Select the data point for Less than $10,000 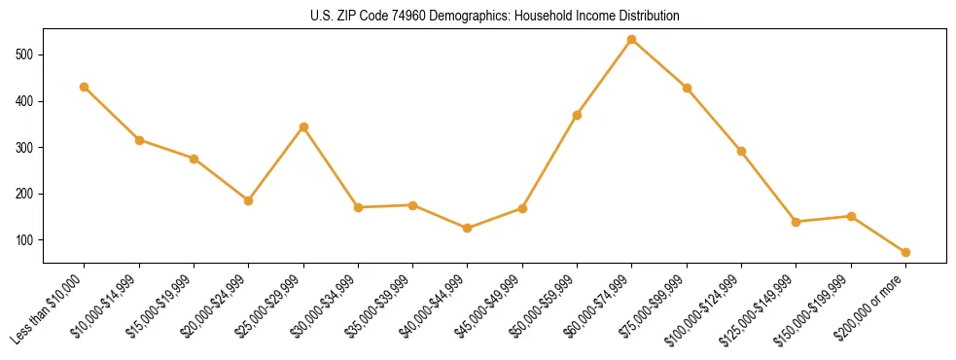[x=85, y=87]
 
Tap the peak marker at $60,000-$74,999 [x=632, y=40]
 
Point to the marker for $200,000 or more [x=905, y=252]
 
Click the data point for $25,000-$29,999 [x=303, y=126]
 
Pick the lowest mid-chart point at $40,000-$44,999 [x=468, y=228]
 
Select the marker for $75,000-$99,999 [x=687, y=88]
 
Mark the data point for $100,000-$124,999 [x=741, y=151]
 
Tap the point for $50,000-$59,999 [x=578, y=115]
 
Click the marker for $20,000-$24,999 [x=249, y=200]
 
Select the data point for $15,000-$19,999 [x=194, y=159]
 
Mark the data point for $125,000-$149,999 [x=797, y=222]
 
